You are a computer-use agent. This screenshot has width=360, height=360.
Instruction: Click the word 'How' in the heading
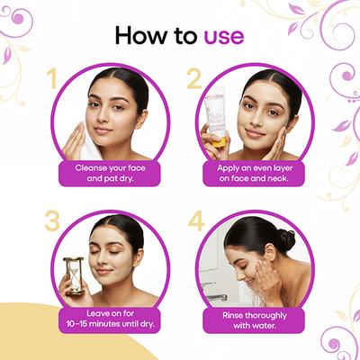[138, 37]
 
